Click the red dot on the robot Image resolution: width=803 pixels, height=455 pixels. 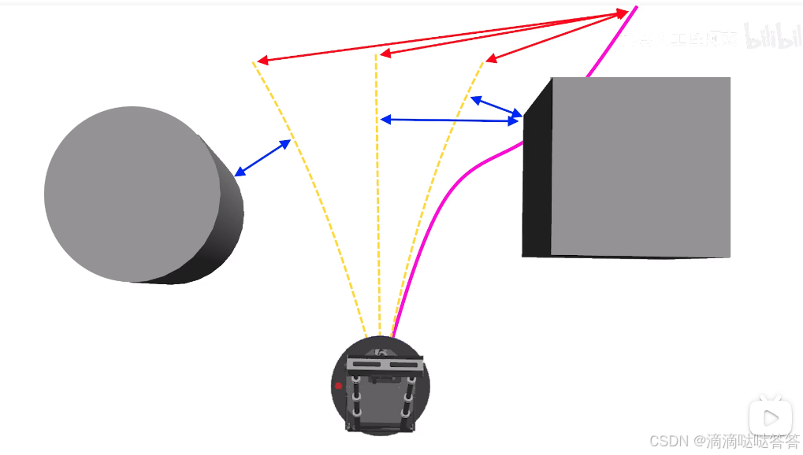tap(339, 386)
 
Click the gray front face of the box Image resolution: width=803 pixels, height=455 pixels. tap(640, 166)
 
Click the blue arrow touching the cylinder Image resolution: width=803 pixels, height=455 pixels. tap(262, 157)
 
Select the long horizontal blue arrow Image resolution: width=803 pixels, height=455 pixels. tap(450, 120)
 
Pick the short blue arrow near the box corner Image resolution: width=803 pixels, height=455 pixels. tap(496, 108)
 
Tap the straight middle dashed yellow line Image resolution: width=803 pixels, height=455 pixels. tap(377, 197)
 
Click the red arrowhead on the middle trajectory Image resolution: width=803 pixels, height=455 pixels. tap(385, 54)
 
